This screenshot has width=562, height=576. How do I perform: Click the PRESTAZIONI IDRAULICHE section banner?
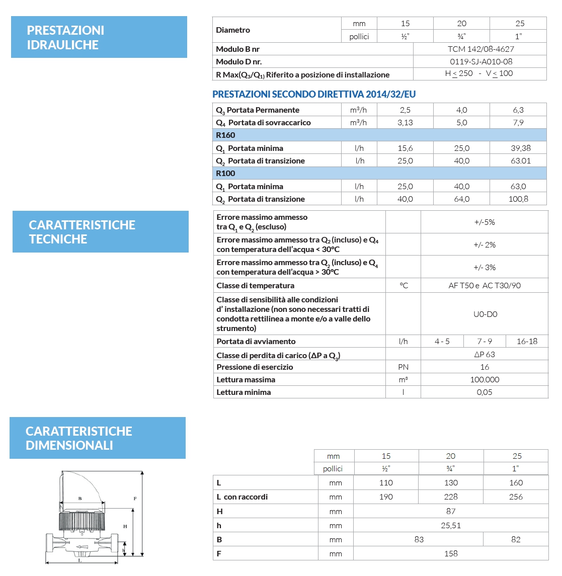coord(99,37)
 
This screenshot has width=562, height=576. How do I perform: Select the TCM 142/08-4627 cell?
coord(480,49)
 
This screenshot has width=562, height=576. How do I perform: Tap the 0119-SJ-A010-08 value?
coord(480,62)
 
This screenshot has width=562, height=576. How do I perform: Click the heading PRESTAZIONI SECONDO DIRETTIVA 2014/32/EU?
coord(314,95)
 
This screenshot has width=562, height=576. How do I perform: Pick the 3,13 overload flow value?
coord(405,123)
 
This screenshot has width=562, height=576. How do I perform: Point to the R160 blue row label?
coord(225,135)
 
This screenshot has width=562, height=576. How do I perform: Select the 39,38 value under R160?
coord(518,148)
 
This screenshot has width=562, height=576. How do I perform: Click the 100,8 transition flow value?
coord(518,199)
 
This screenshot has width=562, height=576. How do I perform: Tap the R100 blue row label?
coord(225,174)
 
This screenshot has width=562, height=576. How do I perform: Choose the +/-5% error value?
coord(485,222)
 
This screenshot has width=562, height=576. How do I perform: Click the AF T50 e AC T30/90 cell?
coord(485,286)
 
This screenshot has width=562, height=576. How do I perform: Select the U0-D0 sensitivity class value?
coord(485,314)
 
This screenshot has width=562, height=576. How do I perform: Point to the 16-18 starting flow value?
coord(527,342)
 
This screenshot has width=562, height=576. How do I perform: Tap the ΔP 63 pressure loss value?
coord(485,355)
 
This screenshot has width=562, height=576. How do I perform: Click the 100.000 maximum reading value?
coord(485,380)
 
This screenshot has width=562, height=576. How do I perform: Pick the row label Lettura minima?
coord(244,392)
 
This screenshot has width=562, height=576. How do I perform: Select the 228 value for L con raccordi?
coord(451,497)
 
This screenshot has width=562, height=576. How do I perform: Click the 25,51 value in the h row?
coord(451,526)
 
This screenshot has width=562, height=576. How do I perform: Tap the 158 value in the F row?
coord(451,554)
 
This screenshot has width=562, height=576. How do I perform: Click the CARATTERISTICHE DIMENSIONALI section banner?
coord(98,438)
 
